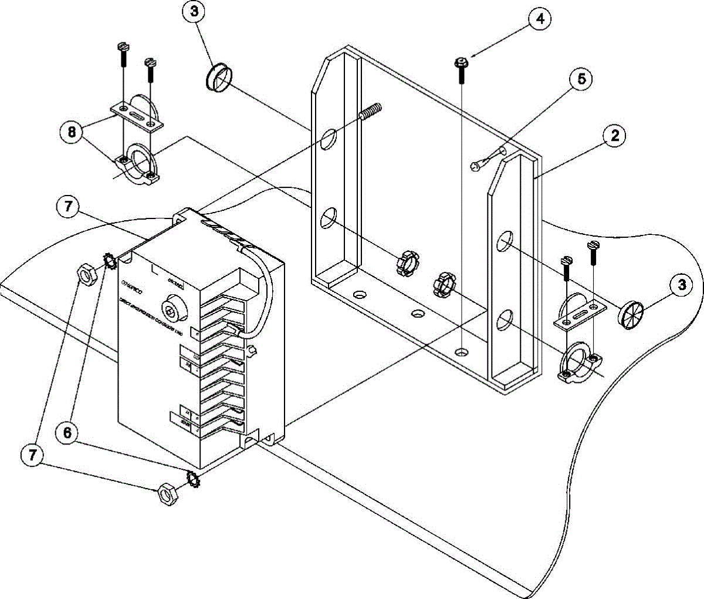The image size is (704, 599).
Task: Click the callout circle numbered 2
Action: pos(614,136)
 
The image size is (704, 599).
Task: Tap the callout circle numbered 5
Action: pos(581,80)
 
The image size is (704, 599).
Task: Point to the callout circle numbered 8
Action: pos(70,133)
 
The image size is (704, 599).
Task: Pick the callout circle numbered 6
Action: pos(67,433)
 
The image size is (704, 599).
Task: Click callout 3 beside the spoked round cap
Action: pos(681,285)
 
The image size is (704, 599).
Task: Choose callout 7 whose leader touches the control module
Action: pos(69,208)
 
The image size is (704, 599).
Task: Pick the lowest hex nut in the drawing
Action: pos(167,494)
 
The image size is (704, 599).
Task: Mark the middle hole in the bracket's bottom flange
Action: pos(417,314)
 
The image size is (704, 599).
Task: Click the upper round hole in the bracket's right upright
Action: pos(505,242)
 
